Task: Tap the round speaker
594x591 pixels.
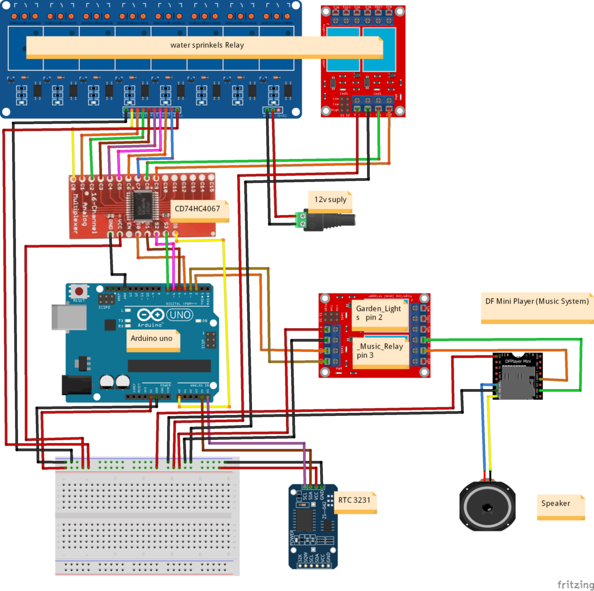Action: [487, 507]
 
